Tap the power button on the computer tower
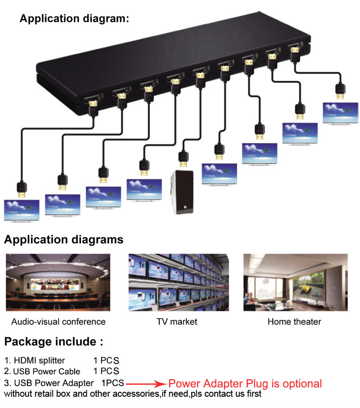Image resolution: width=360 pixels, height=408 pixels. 184,208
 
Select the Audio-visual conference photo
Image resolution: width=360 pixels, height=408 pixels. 58,282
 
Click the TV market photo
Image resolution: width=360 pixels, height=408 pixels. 179,282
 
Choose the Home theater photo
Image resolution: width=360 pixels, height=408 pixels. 295,282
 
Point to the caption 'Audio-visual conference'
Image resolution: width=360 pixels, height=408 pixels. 58,322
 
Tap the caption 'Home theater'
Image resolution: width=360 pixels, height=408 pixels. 294,322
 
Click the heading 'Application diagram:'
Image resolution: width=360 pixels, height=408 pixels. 74,19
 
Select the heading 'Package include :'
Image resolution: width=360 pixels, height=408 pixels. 54,341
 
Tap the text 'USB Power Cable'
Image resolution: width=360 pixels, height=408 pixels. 47,372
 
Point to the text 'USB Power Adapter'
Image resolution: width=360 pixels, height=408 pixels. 54,383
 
